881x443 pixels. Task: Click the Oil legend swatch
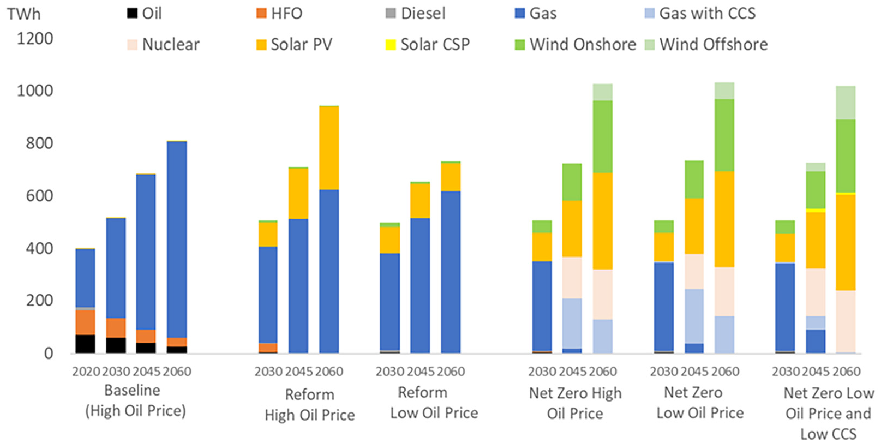[x=132, y=14]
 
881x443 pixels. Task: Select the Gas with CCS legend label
[x=707, y=14]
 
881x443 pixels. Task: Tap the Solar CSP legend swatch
[x=390, y=45]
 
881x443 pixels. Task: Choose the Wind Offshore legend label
[x=714, y=44]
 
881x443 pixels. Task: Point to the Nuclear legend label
[x=171, y=44]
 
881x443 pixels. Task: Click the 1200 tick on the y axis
[x=34, y=39]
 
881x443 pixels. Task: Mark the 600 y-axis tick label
[x=39, y=195]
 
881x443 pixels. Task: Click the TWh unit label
[x=23, y=14]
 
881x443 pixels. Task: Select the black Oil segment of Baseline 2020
[x=85, y=344]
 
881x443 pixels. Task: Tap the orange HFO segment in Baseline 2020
[x=85, y=322]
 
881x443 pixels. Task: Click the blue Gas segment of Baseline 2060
[x=177, y=240]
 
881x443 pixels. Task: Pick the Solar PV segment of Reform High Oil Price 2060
[x=329, y=148]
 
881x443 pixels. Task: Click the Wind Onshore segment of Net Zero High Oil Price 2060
[x=603, y=136]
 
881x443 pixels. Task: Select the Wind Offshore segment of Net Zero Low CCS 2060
[x=846, y=103]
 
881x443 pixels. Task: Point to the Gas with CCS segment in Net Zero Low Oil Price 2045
[x=694, y=316]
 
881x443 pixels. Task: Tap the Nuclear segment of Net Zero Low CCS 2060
[x=846, y=321]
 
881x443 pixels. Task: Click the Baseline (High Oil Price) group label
[x=135, y=400]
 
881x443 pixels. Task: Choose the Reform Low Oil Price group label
[x=434, y=403]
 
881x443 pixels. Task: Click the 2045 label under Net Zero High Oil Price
[x=572, y=372]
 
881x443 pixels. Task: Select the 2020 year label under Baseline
[x=86, y=372]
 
